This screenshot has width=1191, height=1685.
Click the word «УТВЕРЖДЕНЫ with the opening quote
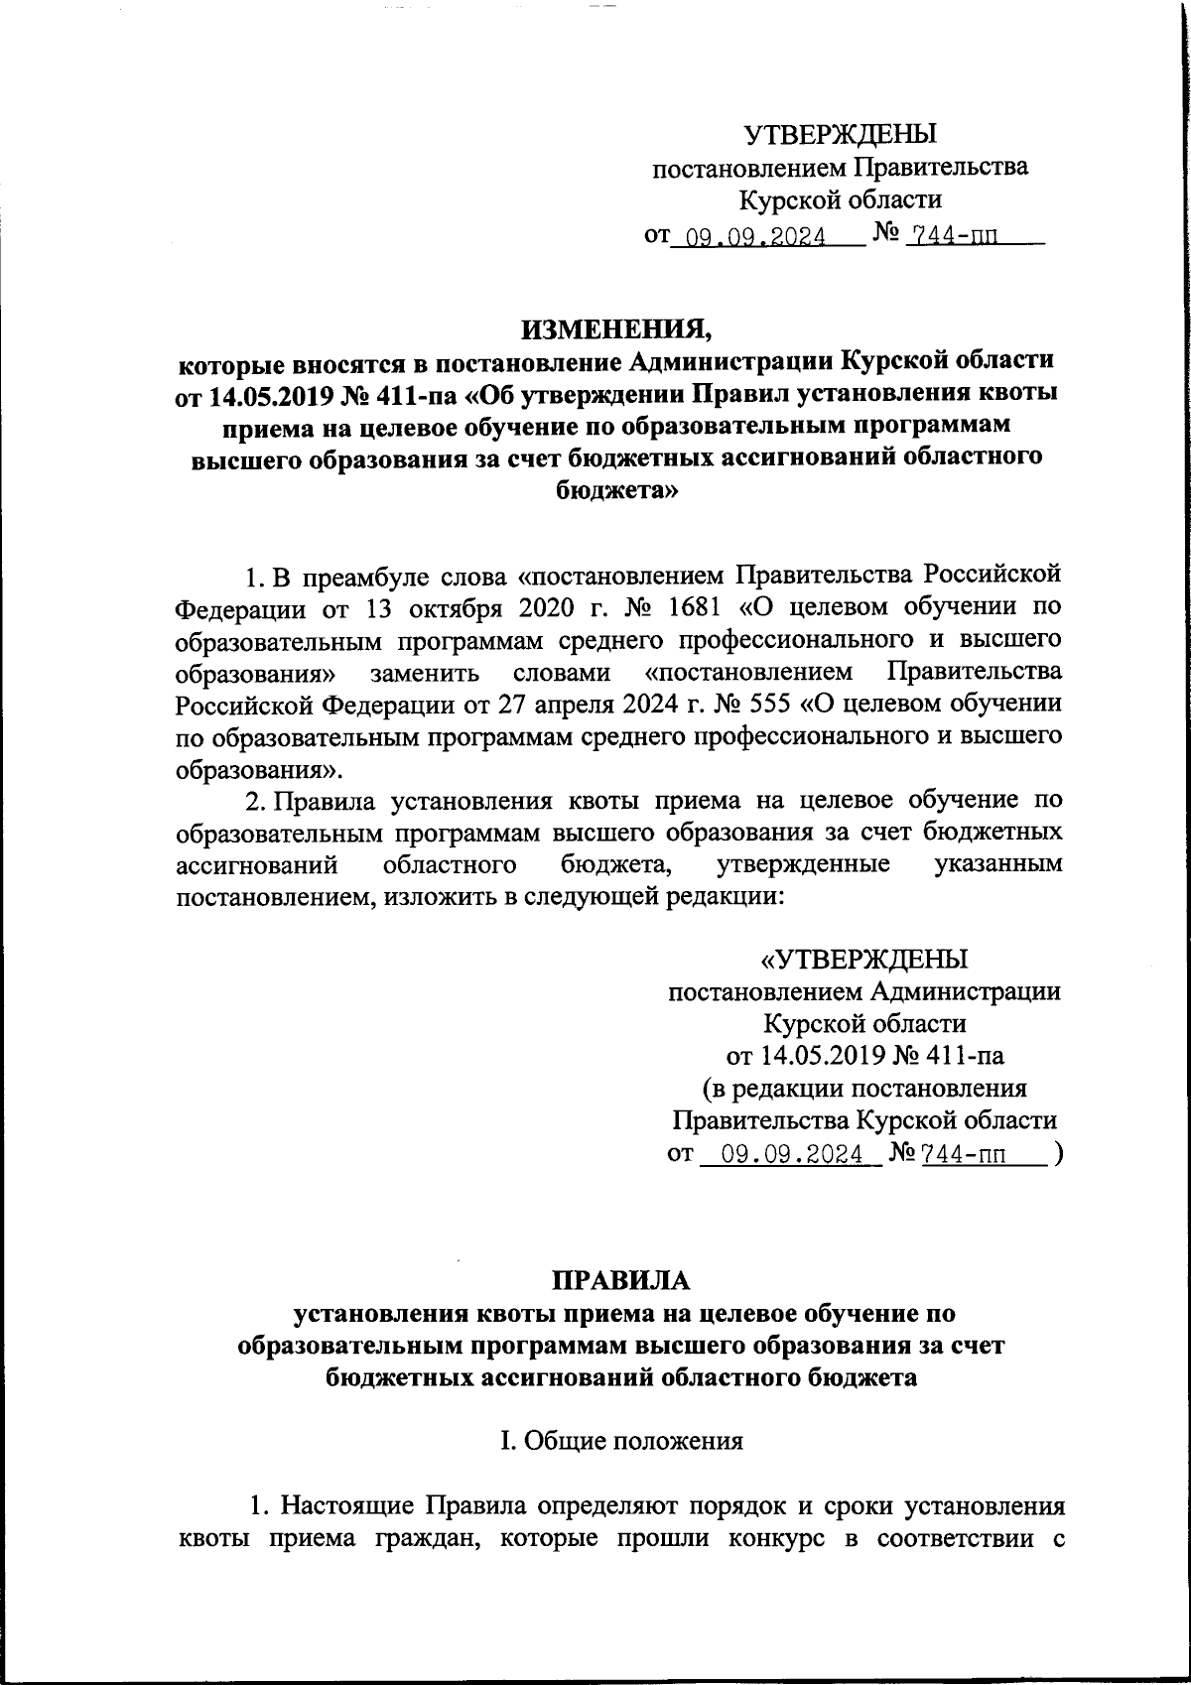[x=863, y=960]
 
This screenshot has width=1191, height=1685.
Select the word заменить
[x=427, y=672]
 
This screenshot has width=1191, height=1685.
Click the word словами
[x=564, y=672]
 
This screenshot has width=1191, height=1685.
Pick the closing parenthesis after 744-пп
[x=1061, y=1154]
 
